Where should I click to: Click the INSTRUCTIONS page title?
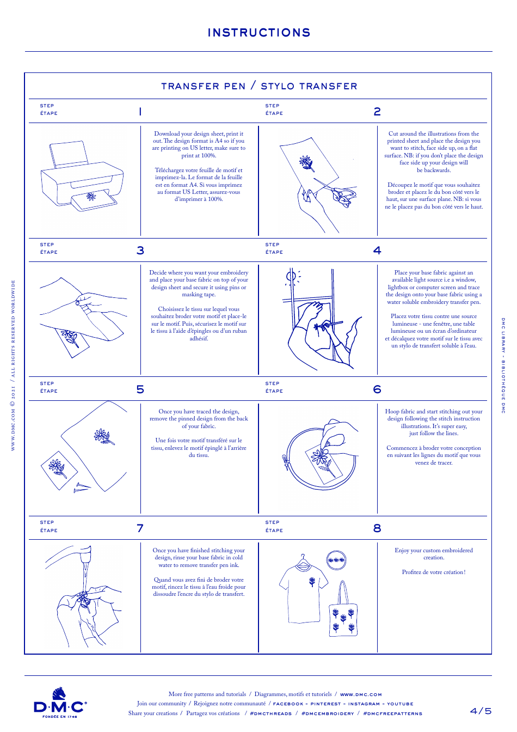[x=259, y=33]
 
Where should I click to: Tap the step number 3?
[x=140, y=251]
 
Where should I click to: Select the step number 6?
[x=377, y=389]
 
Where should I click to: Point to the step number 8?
[x=377, y=528]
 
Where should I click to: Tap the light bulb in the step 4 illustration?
[x=292, y=277]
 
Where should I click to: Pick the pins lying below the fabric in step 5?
[x=82, y=487]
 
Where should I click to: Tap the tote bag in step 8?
[x=343, y=615]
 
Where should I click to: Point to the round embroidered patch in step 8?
[x=336, y=560]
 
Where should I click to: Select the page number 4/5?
[x=481, y=711]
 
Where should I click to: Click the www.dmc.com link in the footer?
[x=361, y=694]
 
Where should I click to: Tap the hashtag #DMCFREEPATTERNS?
[x=392, y=713]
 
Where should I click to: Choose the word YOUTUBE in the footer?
[x=400, y=704]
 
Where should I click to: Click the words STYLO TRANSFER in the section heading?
[x=309, y=86]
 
